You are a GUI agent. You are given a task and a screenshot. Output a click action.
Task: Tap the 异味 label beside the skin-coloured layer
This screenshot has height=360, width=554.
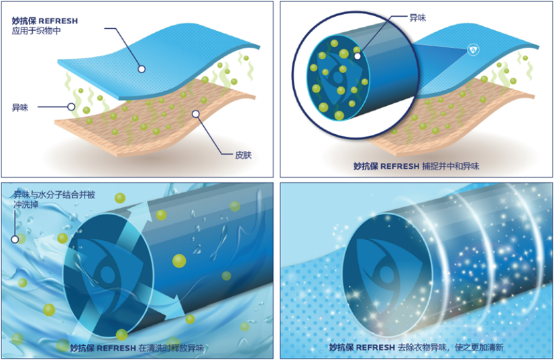(x=20, y=107)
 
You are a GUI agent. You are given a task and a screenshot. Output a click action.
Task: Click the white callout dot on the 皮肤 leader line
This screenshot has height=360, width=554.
(x=196, y=114)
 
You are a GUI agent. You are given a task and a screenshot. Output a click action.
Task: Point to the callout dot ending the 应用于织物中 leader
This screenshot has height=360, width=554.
(x=142, y=68)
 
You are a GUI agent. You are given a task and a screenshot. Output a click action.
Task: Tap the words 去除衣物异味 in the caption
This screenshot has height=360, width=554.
(x=427, y=347)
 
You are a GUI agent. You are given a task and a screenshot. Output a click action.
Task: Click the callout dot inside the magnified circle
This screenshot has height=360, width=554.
(x=357, y=56)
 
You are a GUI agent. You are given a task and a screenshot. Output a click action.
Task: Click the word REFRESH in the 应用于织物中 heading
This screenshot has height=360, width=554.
(x=59, y=21)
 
